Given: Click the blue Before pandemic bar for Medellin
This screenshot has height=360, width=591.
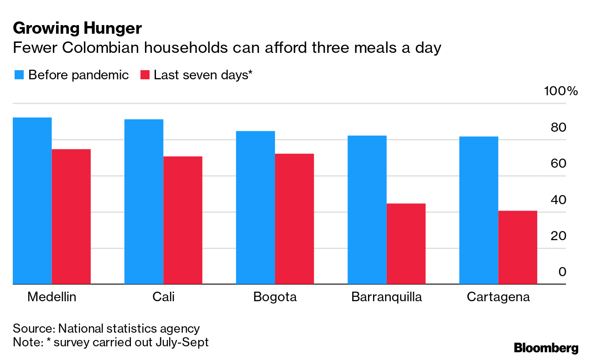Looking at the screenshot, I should point(32,201).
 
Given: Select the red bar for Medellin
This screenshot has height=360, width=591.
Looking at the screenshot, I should point(71,216).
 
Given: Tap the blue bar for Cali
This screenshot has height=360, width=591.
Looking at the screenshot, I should point(144,201).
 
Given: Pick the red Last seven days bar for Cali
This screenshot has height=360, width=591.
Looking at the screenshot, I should point(183,220).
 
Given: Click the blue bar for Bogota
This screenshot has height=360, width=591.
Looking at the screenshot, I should point(255,207).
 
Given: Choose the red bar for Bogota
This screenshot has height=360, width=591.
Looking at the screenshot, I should point(295,219).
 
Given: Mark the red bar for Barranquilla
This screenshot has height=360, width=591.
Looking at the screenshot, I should point(406,244).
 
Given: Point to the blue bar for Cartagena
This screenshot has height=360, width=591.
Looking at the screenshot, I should point(478,210).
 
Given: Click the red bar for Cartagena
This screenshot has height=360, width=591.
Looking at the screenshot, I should point(518,247).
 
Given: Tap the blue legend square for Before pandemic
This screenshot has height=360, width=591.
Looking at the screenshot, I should point(19,75).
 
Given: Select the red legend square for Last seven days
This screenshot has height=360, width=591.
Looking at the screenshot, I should point(145,75).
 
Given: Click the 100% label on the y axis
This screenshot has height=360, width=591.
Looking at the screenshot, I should point(561,91).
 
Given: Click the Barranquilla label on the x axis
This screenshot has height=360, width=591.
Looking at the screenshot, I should point(387,297).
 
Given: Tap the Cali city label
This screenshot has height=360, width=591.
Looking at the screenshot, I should point(163,297).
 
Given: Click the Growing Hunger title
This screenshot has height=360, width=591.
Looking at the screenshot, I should point(78,28).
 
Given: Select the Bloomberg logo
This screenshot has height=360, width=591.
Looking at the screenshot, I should point(546,348).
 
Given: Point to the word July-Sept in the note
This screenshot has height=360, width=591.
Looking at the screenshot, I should point(181,342).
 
